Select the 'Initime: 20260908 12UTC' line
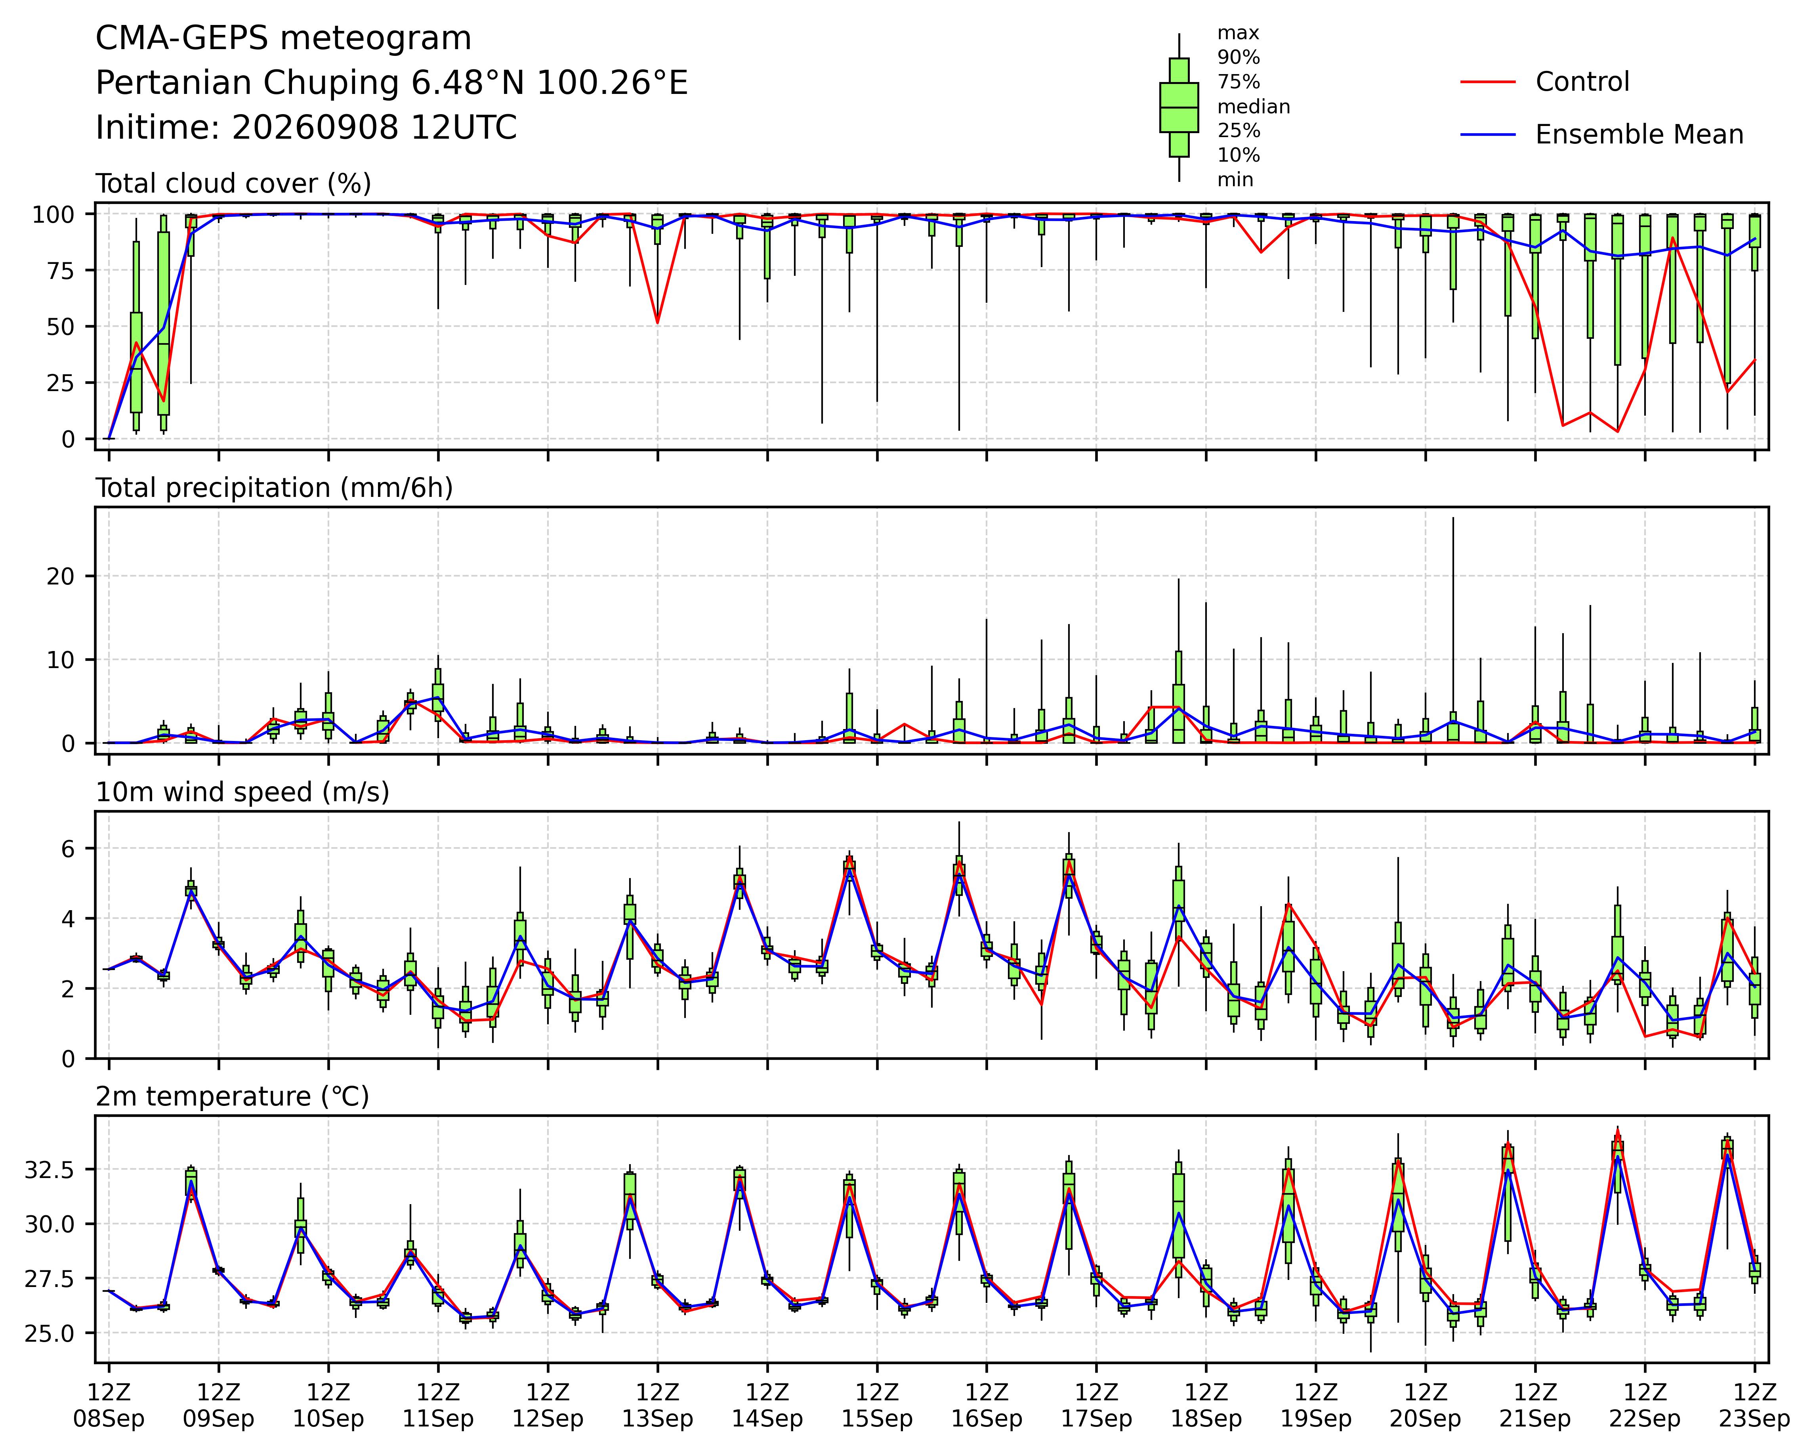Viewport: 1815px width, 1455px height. (x=306, y=128)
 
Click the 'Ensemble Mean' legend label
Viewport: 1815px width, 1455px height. (x=1639, y=135)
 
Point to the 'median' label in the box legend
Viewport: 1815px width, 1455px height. (x=1254, y=107)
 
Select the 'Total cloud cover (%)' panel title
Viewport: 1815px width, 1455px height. (x=233, y=183)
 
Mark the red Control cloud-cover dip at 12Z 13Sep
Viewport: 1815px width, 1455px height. (x=657, y=323)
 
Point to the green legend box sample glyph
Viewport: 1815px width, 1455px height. (x=1179, y=107)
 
